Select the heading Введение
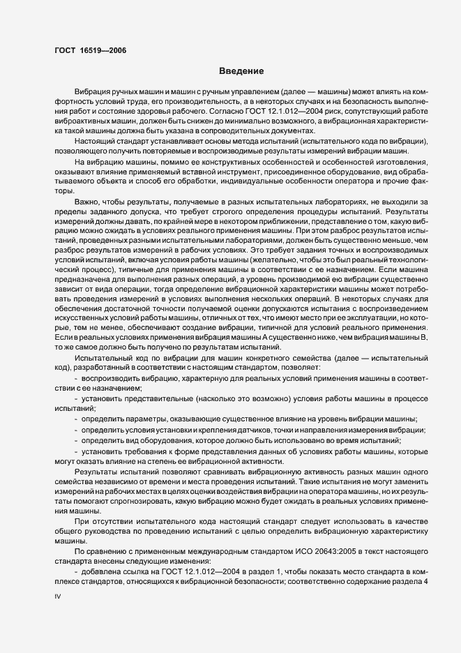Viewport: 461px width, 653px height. coord(241,71)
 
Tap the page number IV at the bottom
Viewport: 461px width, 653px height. coord(58,598)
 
